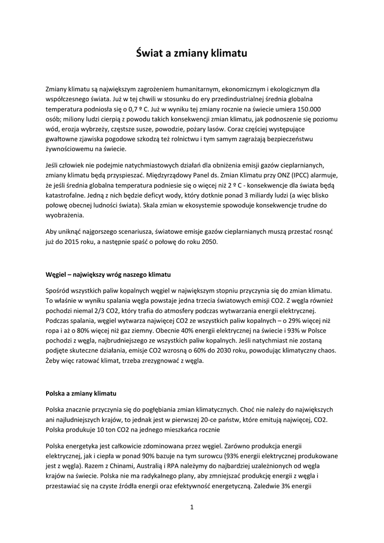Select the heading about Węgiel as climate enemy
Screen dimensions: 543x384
pyautogui.click(x=109, y=275)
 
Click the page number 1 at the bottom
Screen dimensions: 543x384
pyautogui.click(x=192, y=507)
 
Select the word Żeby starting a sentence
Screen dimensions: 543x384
pyautogui.click(x=55, y=361)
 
